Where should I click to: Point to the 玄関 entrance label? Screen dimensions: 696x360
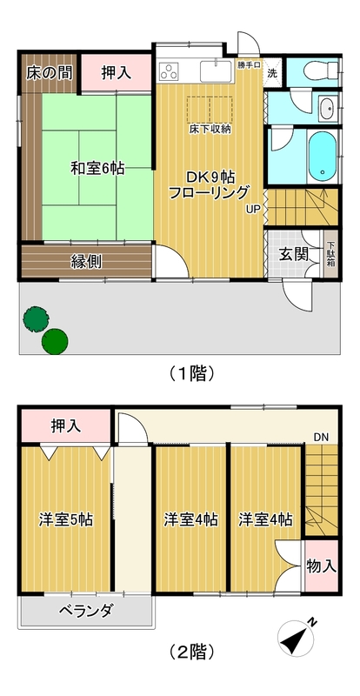[x=292, y=255]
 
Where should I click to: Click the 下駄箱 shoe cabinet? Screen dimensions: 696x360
[x=330, y=253]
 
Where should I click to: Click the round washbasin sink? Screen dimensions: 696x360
[x=326, y=110]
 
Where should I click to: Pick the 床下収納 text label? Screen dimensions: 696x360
[x=210, y=130]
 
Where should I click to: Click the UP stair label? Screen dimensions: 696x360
[x=251, y=209]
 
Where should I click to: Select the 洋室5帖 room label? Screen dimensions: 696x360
[x=65, y=519]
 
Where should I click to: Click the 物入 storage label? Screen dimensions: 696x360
[x=321, y=565]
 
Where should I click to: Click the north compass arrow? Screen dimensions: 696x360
[x=298, y=639]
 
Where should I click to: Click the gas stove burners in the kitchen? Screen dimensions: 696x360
[x=169, y=72]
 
